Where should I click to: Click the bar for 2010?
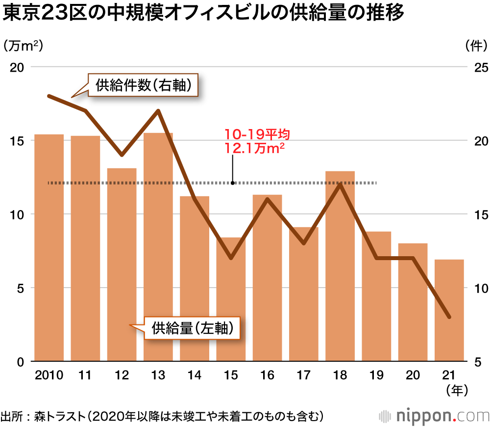click(x=49, y=248)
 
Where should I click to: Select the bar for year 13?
click(x=158, y=248)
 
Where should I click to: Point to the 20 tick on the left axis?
click(x=18, y=67)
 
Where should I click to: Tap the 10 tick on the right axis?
click(x=474, y=288)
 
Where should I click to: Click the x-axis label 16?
click(x=267, y=375)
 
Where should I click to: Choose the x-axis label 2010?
click(x=49, y=375)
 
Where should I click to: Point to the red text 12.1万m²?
click(x=255, y=149)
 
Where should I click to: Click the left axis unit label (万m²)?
click(x=23, y=46)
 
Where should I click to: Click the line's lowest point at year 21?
click(x=449, y=318)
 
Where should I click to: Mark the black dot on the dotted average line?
click(x=233, y=183)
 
